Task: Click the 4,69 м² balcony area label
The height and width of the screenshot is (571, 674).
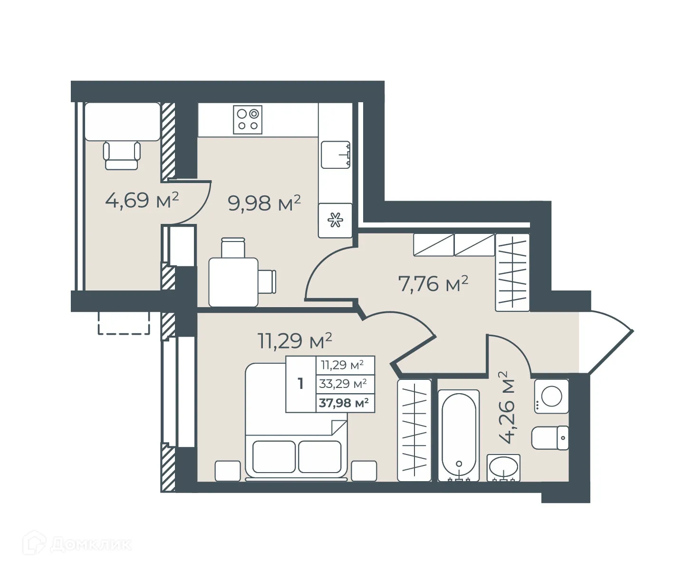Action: point(142,200)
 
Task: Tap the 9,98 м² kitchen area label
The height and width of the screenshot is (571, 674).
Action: point(264,203)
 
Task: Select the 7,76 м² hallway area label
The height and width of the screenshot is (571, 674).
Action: point(433,284)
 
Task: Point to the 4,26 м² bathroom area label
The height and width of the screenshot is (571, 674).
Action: point(507,407)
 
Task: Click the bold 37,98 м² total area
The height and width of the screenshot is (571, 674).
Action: point(344,403)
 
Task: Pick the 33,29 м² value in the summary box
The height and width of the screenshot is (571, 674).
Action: point(343,384)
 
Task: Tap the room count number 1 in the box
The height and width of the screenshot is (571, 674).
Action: point(300,384)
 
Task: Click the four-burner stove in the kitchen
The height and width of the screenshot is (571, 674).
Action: point(248,119)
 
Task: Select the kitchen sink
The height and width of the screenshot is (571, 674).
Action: point(336,155)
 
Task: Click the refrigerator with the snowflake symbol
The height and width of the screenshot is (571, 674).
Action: point(336,221)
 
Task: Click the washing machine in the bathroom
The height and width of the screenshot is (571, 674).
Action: point(551,396)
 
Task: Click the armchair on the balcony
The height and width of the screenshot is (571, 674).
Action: point(122,155)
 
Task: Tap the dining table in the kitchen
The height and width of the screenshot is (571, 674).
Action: point(233,282)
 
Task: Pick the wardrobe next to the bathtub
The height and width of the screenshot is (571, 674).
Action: point(414,430)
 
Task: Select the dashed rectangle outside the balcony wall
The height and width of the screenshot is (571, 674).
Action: point(124,323)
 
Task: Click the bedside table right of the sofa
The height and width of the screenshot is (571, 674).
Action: point(364,471)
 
